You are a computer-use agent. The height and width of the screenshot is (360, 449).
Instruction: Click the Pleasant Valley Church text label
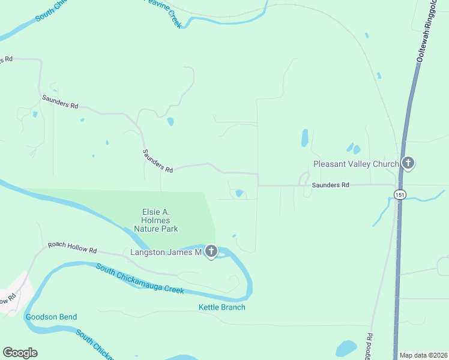356,164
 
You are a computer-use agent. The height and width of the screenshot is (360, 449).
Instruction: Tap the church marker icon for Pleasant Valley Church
408,163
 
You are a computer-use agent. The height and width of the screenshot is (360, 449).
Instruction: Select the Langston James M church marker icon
211,252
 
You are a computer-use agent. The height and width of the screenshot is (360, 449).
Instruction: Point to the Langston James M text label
165,253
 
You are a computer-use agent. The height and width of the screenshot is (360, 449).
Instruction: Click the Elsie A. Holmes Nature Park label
155,220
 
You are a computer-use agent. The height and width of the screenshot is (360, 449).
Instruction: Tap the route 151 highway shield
399,193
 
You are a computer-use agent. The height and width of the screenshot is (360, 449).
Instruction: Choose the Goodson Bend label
51,317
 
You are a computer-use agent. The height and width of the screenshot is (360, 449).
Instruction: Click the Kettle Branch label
222,308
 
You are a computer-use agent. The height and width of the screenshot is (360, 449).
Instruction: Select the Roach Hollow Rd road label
72,248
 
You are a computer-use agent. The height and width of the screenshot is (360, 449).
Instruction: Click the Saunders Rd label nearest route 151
330,185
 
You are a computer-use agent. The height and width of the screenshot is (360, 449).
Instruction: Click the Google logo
20,353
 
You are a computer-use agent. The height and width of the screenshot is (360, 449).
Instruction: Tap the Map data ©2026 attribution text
423,355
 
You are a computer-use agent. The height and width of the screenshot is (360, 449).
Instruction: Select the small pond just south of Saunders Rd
240,193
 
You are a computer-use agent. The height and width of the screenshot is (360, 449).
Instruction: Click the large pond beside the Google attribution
346,348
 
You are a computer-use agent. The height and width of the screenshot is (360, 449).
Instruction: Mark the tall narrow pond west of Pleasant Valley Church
305,138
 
